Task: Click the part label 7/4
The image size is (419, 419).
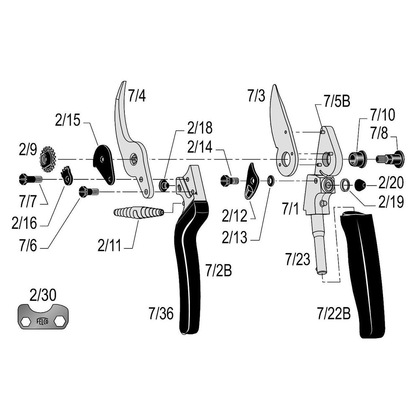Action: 137,96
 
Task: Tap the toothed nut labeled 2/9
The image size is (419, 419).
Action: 47,159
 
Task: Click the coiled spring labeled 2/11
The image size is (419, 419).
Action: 138,212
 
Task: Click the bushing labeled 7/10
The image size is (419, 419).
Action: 357,158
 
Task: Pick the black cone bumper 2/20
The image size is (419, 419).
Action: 360,184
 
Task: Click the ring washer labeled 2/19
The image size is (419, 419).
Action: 345,184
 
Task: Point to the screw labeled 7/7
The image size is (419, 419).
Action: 30,179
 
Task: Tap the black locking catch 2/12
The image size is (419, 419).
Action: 252,181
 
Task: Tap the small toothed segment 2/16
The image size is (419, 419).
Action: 67,176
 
